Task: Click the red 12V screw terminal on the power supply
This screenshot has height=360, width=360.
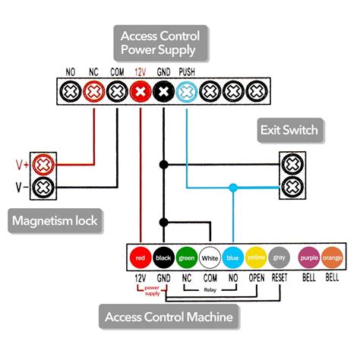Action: [140, 91]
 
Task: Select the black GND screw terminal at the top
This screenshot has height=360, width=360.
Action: [163, 91]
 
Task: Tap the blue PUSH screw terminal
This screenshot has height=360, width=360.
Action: [187, 91]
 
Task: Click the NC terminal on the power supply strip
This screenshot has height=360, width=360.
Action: [93, 91]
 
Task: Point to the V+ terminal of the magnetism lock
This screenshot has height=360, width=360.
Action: [45, 163]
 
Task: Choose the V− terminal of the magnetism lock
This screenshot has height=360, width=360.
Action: [45, 186]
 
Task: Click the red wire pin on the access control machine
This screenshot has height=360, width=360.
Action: [139, 258]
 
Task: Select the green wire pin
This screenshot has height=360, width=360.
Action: [186, 258]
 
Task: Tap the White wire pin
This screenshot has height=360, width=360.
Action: [210, 258]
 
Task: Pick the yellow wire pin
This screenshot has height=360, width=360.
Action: [256, 258]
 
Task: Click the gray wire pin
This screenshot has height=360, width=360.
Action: [279, 258]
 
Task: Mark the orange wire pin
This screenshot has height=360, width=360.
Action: [333, 258]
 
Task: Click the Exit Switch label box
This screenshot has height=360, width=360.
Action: [289, 130]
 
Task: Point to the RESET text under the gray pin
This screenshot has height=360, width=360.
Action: [279, 278]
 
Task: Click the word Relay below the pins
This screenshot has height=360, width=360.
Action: [210, 289]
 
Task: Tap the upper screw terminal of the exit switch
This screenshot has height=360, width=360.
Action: [292, 165]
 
